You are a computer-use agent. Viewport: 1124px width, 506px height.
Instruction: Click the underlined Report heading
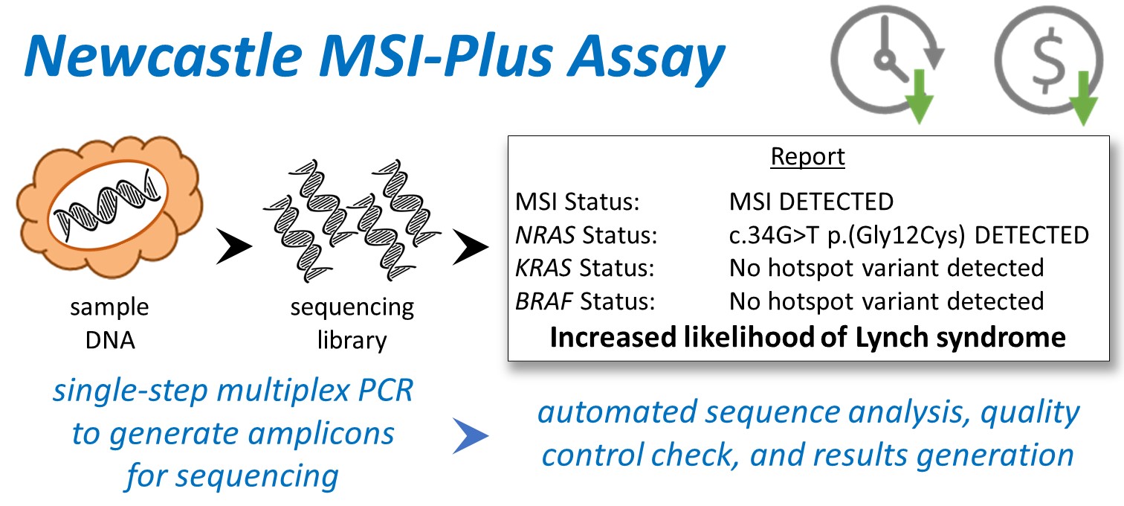(807, 157)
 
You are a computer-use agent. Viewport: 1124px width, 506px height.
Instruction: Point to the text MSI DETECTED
(810, 201)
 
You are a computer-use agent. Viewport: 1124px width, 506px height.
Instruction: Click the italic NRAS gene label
(544, 235)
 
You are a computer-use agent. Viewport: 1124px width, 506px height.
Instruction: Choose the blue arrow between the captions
(471, 439)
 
